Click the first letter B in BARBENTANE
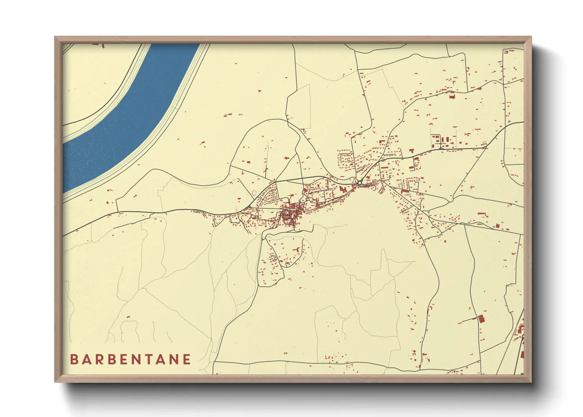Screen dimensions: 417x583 (x=74, y=359)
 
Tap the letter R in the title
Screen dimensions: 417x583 (x=102, y=359)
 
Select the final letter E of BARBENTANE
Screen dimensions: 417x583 (x=187, y=359)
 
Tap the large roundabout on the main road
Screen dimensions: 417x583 (x=360, y=182)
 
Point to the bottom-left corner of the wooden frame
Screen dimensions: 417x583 (x=56, y=382)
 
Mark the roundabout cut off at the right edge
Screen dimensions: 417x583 (x=523, y=337)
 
